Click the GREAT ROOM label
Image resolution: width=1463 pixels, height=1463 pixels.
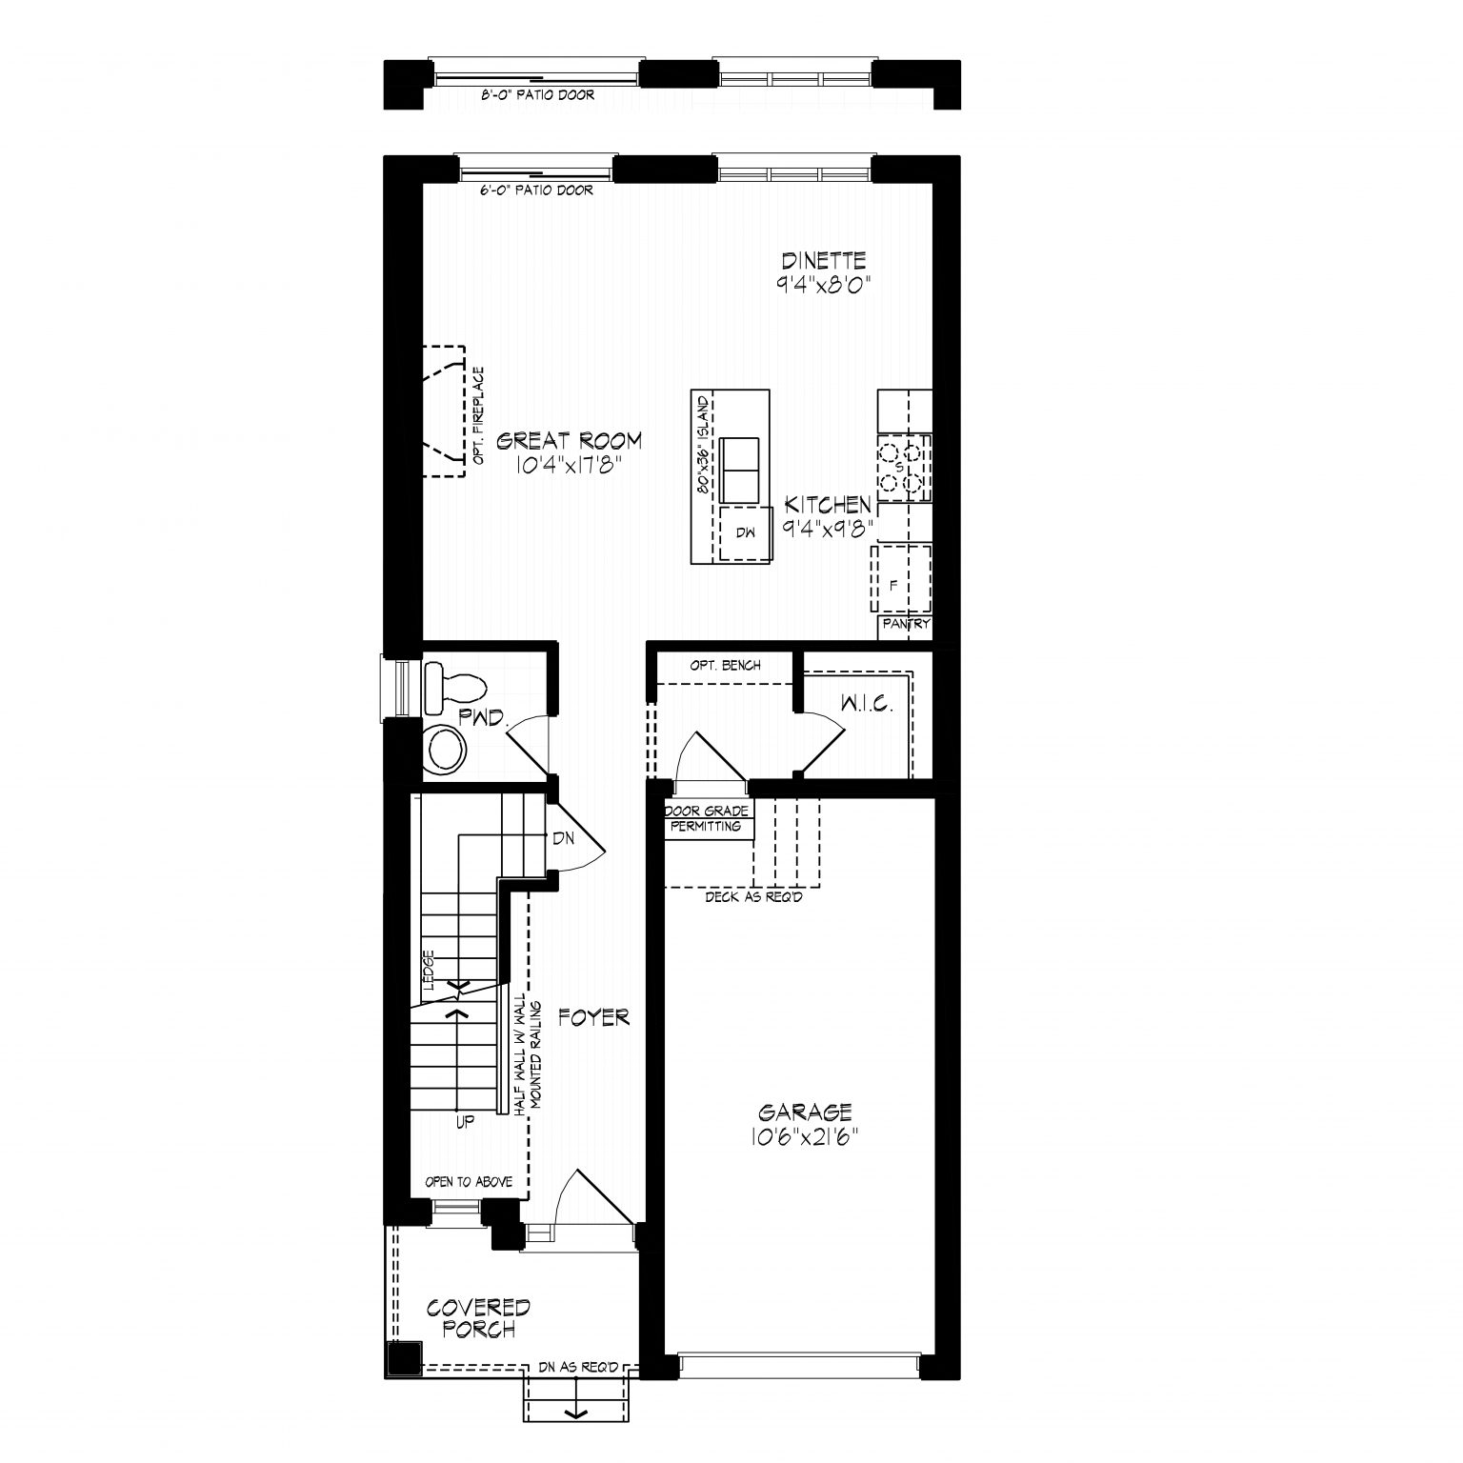pos(570,441)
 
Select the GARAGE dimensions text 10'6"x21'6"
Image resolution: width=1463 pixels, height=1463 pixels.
pos(805,1136)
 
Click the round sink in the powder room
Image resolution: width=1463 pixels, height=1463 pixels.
pos(446,750)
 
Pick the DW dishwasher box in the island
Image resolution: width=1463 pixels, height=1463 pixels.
pos(745,534)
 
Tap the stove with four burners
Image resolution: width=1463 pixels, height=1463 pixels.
pos(903,469)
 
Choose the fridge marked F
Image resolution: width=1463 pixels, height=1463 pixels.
pos(901,579)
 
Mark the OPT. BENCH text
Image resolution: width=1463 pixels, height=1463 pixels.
pos(726,666)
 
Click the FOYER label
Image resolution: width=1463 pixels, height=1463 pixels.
pos(593,1018)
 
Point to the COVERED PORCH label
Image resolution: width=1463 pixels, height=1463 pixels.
pos(478,1318)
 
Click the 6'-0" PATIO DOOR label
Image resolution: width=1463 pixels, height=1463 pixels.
pos(537,190)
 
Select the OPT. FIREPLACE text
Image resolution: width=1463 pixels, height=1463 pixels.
pos(478,416)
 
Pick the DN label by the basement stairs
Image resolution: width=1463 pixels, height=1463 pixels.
pos(563,838)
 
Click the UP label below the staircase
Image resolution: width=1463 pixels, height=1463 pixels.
pos(465,1122)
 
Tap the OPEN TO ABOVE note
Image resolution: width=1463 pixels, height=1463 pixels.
pos(469,1182)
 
